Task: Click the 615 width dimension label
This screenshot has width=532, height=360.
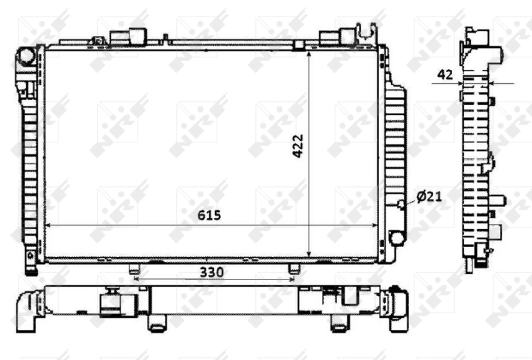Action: [208, 216]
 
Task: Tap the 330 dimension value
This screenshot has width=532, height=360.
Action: [212, 272]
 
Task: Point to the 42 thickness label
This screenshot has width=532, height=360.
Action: [446, 75]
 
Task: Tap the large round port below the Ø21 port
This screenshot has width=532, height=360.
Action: [397, 238]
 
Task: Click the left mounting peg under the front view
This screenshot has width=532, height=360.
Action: [134, 269]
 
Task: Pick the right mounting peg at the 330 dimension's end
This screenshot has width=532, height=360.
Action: [294, 269]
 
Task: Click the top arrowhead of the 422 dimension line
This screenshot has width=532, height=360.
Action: [311, 55]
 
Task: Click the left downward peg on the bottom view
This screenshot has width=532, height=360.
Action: [156, 325]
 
